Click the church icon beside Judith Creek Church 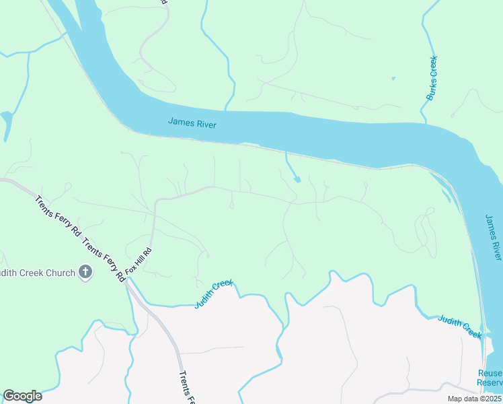click(x=85, y=273)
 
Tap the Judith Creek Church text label click(x=38, y=273)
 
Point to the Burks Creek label click(x=432, y=78)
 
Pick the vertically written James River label click(x=493, y=238)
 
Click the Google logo click(x=22, y=396)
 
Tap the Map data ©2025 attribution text click(x=474, y=399)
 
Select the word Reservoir click(x=490, y=382)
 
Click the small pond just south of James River click(x=297, y=179)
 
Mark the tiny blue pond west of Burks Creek click(x=393, y=78)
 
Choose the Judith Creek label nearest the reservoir click(x=461, y=327)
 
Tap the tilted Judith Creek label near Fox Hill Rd click(x=213, y=294)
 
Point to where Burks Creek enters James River click(x=424, y=123)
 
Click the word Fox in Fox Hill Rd click(x=131, y=269)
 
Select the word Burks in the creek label click(x=434, y=67)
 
